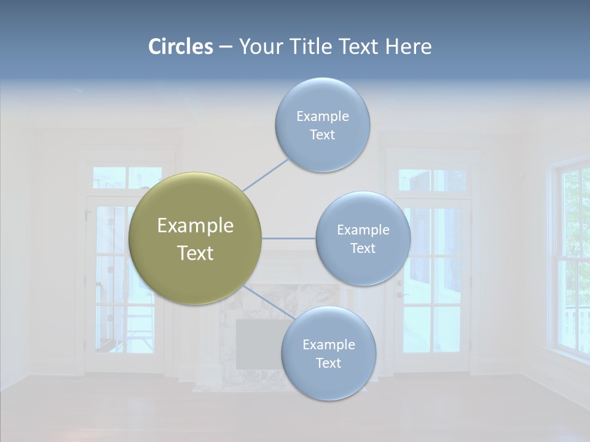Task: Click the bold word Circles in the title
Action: click(x=180, y=46)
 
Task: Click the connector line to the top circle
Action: click(x=265, y=175)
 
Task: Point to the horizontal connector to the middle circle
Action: click(x=289, y=238)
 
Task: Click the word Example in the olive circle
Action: click(x=195, y=226)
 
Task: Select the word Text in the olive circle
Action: click(x=195, y=253)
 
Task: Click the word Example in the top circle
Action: click(x=322, y=116)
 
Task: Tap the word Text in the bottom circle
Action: click(x=328, y=363)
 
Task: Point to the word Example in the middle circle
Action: click(x=363, y=230)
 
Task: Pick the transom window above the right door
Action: click(x=432, y=180)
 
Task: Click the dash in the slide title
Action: click(x=226, y=47)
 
